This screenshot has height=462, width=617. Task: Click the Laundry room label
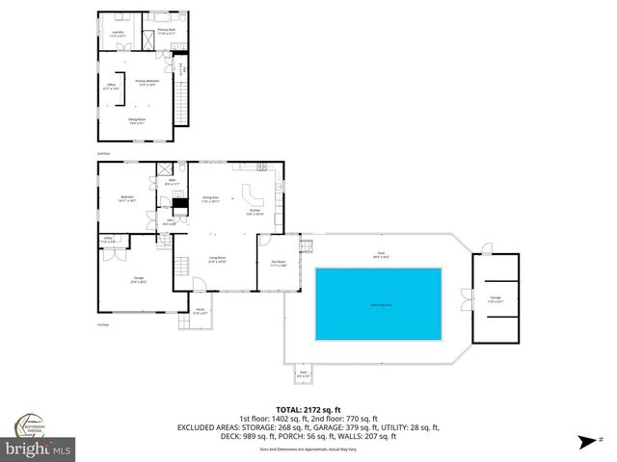(x=118, y=33)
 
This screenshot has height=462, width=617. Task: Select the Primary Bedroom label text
(x=147, y=82)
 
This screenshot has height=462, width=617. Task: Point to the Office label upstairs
(x=111, y=87)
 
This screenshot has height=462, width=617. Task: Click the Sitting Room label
(x=137, y=120)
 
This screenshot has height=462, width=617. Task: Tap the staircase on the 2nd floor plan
(x=180, y=98)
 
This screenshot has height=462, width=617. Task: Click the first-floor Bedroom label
(x=126, y=198)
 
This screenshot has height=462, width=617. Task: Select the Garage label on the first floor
(x=138, y=281)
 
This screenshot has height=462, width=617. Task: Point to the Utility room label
(x=109, y=239)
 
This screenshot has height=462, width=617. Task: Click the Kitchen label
(x=255, y=212)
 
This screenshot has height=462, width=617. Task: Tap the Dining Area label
(x=210, y=198)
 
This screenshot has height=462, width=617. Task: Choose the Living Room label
(x=218, y=259)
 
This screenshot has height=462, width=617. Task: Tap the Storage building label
(x=495, y=297)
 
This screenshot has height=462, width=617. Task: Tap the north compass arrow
(x=585, y=442)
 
